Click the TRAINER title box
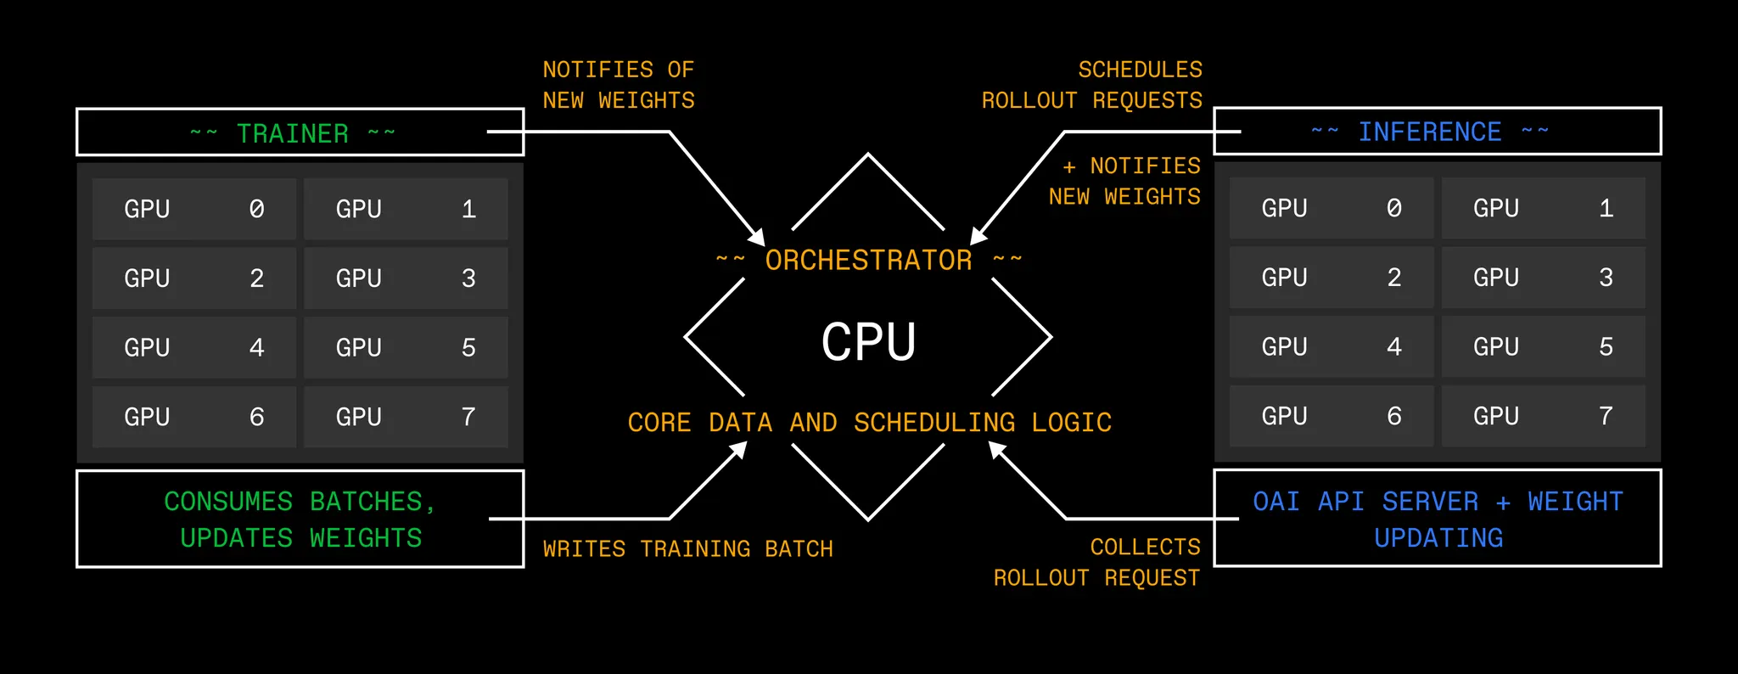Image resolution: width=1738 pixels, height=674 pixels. click(300, 132)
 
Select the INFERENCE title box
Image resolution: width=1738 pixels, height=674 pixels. click(1437, 132)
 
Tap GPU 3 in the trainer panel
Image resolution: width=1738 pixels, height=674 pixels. click(406, 278)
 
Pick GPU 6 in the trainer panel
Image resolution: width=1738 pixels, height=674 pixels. click(193, 417)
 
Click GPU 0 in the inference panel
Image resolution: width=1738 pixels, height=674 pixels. click(1331, 208)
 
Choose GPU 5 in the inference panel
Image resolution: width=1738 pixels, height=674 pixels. click(1543, 346)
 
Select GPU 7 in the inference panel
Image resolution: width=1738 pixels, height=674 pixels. click(1543, 416)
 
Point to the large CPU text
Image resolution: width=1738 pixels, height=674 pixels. click(868, 342)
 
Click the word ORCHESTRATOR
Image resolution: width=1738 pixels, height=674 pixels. click(868, 260)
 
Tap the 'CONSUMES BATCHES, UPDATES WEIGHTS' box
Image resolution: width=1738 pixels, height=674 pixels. click(300, 519)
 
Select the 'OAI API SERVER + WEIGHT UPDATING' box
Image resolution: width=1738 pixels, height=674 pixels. click(1437, 518)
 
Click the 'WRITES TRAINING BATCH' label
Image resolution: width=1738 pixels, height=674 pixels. click(687, 549)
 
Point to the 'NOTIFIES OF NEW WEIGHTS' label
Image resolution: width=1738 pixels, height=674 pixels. click(619, 85)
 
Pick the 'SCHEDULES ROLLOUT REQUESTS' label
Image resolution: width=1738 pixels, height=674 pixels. click(1093, 85)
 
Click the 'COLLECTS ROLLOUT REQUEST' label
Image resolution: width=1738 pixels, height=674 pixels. click(1097, 562)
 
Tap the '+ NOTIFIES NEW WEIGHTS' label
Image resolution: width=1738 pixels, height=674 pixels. click(1125, 181)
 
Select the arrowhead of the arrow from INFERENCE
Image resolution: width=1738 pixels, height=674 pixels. click(978, 237)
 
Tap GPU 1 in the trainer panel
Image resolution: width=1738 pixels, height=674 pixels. click(406, 209)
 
